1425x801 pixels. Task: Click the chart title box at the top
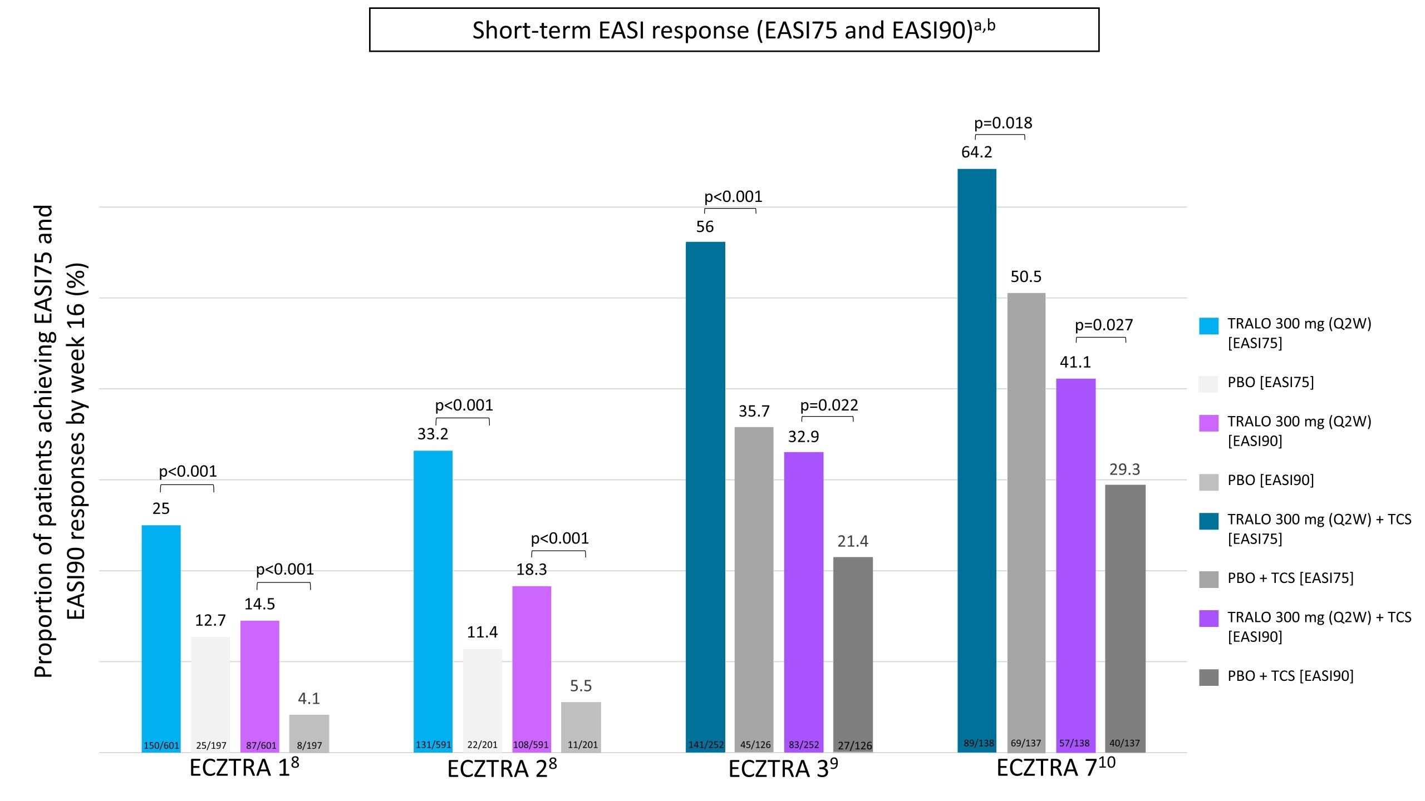(734, 30)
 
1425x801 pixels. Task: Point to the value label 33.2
(433, 434)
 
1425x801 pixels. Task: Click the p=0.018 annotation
(1003, 123)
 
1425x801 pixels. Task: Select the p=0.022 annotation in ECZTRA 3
(829, 405)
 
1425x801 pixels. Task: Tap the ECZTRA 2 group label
(502, 769)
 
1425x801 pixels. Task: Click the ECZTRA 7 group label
(1055, 768)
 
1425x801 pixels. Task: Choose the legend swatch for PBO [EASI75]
(1208, 384)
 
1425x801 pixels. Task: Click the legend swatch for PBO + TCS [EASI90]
(1208, 677)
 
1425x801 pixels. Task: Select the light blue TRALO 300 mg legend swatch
(1208, 326)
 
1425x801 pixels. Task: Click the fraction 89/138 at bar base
(979, 743)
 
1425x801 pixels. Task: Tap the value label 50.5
(1026, 276)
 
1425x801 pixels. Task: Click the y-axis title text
(60, 441)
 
